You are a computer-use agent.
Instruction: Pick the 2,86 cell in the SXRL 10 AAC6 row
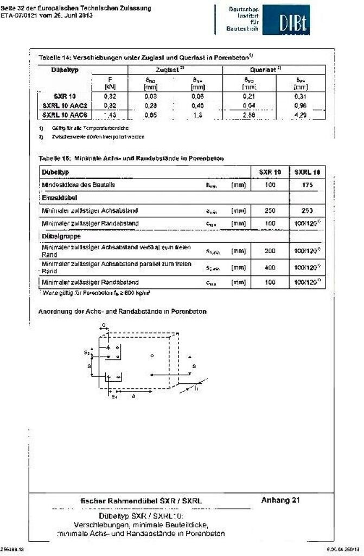pyautogui.click(x=250, y=115)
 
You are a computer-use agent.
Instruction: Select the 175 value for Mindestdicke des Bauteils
pyautogui.click(x=307, y=185)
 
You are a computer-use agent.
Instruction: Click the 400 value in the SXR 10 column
pyautogui.click(x=270, y=267)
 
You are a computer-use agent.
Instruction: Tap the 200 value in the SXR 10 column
pyautogui.click(x=270, y=251)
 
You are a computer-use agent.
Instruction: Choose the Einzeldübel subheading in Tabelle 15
pyautogui.click(x=56, y=198)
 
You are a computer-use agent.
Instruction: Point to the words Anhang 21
pyautogui.click(x=280, y=500)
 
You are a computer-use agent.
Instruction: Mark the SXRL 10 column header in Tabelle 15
pyautogui.click(x=307, y=172)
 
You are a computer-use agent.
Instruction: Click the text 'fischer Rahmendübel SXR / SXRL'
pyautogui.click(x=142, y=501)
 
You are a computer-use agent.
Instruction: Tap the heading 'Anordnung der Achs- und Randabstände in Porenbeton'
pyautogui.click(x=122, y=311)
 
